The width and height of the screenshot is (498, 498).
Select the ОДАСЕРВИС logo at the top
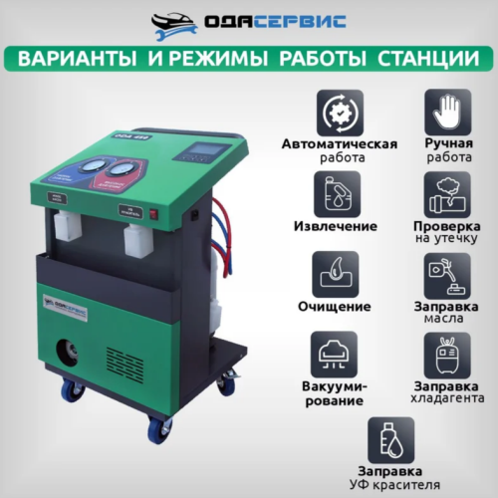[249, 21]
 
